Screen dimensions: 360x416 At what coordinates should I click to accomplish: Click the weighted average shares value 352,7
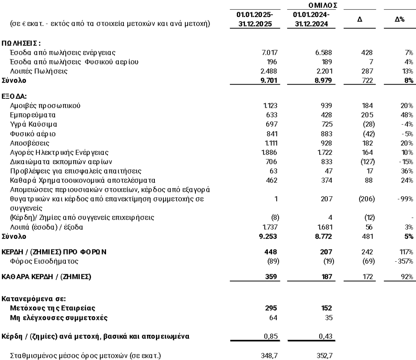pos(325,356)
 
